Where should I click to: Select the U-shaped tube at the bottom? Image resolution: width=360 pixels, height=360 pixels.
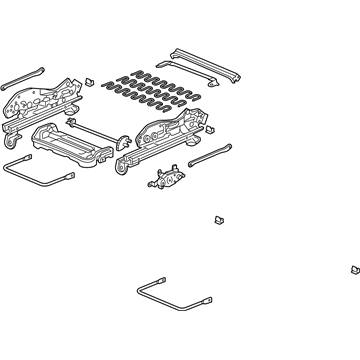[165, 290]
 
